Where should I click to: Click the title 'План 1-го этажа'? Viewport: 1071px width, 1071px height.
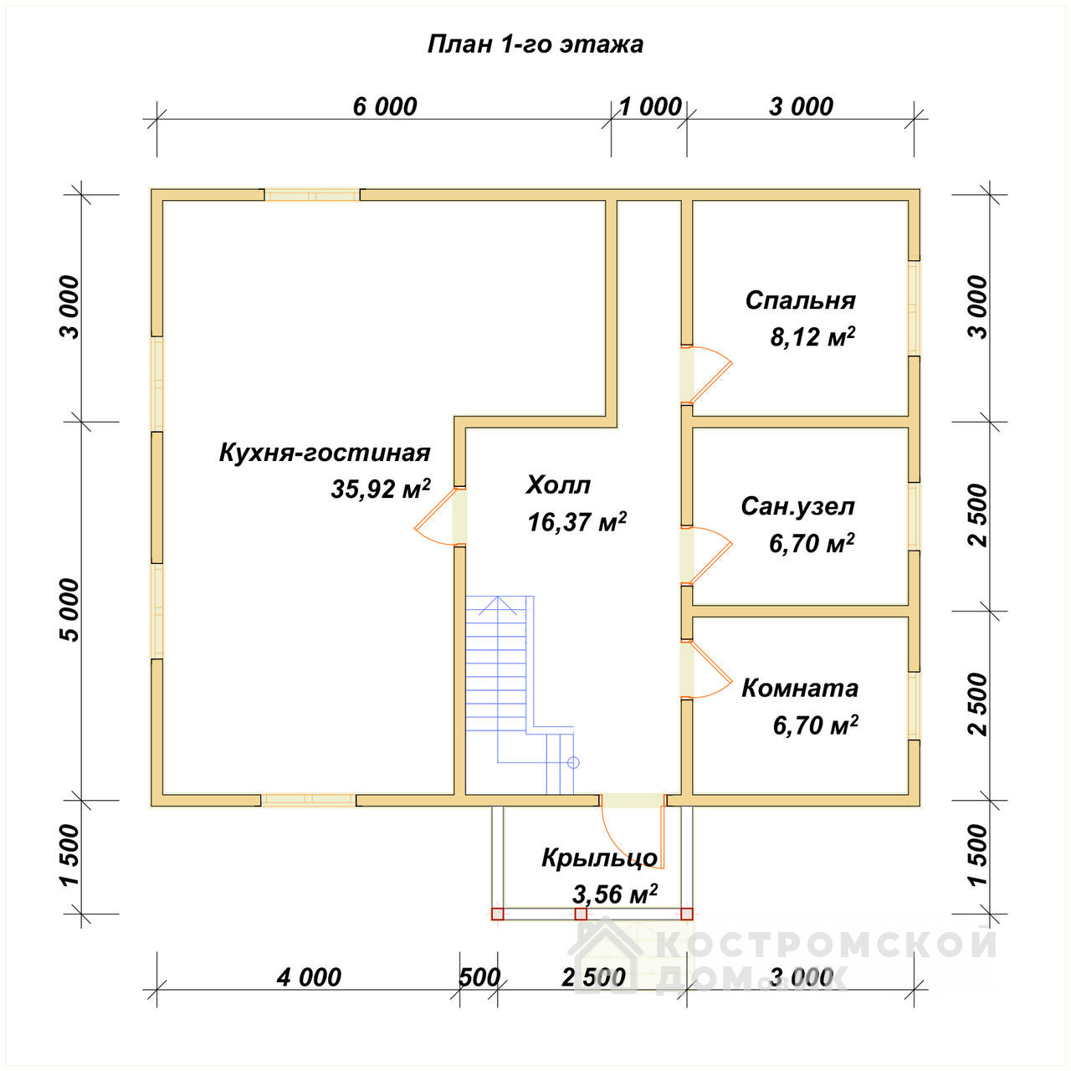tap(535, 45)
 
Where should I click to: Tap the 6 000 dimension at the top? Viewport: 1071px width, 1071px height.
tap(385, 107)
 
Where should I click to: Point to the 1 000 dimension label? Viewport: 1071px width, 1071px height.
tap(650, 107)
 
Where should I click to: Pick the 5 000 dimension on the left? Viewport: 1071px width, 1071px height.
tap(70, 610)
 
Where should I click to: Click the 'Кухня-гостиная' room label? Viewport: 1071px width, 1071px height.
tap(325, 453)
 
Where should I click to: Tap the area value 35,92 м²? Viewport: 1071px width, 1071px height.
tap(380, 489)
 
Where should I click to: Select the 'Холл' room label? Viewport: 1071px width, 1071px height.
tap(558, 485)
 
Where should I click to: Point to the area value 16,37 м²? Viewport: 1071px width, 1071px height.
tap(576, 521)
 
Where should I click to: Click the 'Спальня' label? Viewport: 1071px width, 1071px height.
tap(801, 300)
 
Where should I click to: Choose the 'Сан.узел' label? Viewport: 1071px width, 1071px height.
tap(797, 506)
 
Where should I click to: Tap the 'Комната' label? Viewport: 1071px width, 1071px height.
tap(800, 689)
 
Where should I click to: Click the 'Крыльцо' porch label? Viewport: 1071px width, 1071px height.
tap(599, 858)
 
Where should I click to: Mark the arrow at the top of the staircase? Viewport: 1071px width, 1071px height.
tap(498, 605)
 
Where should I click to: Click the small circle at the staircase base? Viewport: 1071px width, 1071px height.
tap(574, 762)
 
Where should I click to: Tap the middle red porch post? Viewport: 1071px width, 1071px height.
tap(581, 914)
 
